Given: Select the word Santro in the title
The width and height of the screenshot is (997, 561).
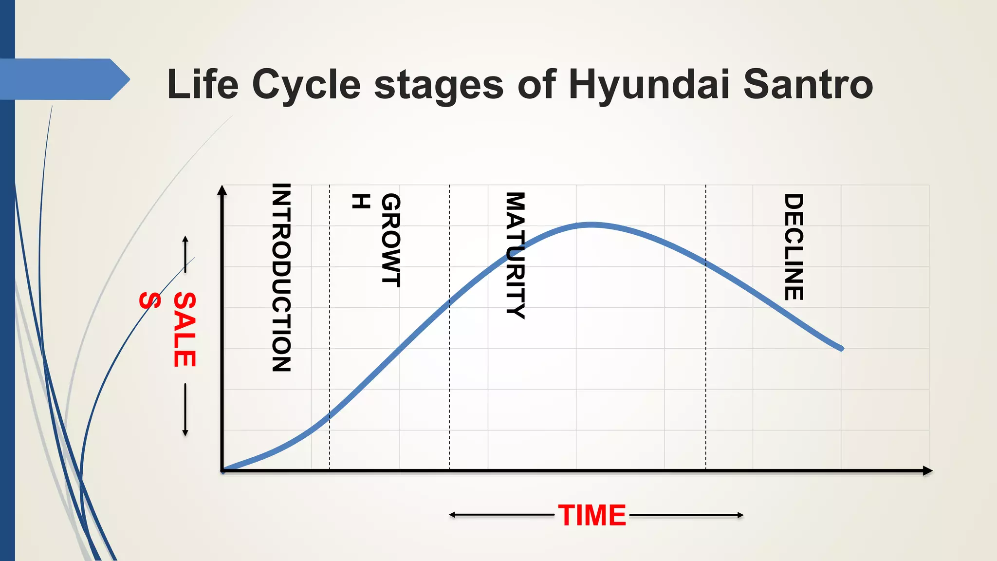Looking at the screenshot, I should coord(808,85).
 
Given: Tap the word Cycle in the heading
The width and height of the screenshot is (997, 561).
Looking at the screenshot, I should coord(306,85).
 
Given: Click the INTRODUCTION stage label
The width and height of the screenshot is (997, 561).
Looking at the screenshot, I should coord(281,278).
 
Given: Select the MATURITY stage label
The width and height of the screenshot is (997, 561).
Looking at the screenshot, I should coord(516,255).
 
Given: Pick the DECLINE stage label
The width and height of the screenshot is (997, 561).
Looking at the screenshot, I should coord(794,247).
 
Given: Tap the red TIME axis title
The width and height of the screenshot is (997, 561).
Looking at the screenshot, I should coord(592,515).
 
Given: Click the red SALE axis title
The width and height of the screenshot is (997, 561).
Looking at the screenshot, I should coord(185,329).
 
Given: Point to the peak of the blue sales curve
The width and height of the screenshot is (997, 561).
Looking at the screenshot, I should coord(591,225).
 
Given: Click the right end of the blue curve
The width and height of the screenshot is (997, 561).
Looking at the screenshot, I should coord(841,349).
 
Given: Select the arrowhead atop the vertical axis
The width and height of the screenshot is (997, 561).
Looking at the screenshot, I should coord(222,190).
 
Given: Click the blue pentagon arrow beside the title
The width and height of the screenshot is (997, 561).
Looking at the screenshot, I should coord(63,79).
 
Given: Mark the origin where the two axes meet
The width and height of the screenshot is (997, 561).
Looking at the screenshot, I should coord(222,470).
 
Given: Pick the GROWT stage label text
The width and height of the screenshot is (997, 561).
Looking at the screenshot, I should coord(390,240).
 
